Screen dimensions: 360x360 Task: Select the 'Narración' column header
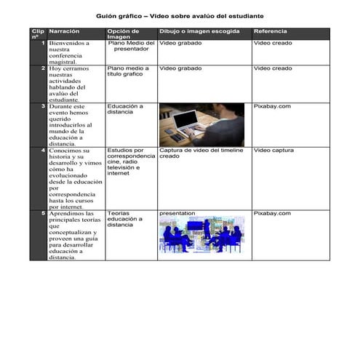click(65, 32)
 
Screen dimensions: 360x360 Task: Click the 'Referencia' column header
click(270, 32)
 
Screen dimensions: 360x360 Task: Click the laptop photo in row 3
click(201, 124)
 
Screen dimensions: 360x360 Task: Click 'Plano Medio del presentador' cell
click(131, 47)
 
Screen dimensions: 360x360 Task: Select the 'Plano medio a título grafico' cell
click(128, 71)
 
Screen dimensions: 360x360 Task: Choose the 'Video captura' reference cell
click(273, 151)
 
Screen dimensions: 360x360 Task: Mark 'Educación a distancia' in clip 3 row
click(125, 109)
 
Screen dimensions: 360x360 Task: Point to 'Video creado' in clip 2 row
click(272, 68)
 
